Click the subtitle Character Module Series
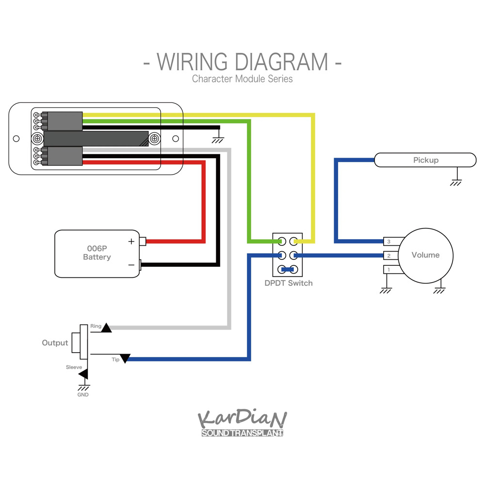[242, 79]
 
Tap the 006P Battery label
[97, 252]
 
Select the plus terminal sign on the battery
[131, 241]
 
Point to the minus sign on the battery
[131, 265]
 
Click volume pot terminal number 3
[388, 242]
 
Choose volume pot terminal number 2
[388, 256]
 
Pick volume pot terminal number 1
[388, 269]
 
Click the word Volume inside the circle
[425, 255]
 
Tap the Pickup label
[425, 160]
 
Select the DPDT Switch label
[289, 283]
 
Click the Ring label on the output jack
[96, 326]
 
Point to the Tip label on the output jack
[115, 360]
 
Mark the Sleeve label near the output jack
[74, 367]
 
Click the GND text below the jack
[83, 395]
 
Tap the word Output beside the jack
[55, 343]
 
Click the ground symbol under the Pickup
[455, 182]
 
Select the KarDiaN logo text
[242, 419]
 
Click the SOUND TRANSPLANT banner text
[242, 433]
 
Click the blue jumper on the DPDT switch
[288, 270]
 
